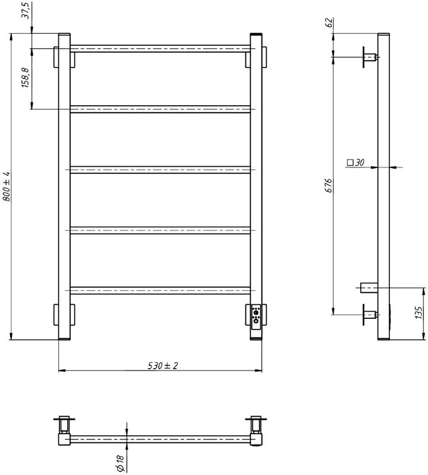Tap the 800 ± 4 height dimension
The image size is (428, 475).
7,187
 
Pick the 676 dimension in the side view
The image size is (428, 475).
328,186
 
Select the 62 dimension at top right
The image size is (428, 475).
328,24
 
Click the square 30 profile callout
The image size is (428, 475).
355,161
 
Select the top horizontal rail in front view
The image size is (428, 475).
160,47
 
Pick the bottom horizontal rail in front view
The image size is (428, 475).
160,290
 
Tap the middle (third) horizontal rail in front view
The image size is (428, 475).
160,169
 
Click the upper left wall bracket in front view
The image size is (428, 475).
64,58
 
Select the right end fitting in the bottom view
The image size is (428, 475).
256,431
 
